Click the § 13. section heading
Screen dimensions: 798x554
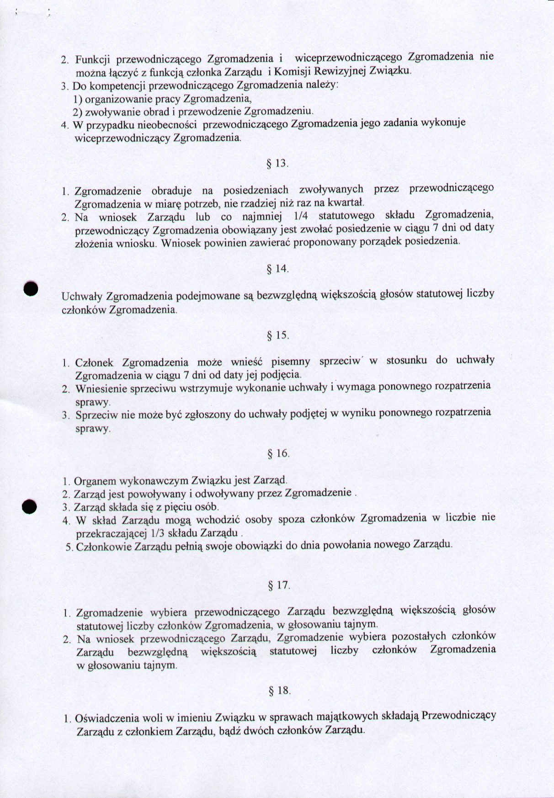coord(277,164)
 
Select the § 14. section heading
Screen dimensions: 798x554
coord(278,269)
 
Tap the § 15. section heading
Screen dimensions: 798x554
coord(278,335)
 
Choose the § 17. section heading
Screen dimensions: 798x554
coord(279,585)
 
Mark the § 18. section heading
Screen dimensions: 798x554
coord(279,690)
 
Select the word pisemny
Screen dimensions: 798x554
coord(290,362)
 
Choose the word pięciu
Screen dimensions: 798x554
coord(178,507)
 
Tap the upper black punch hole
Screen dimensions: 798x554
coord(31,288)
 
